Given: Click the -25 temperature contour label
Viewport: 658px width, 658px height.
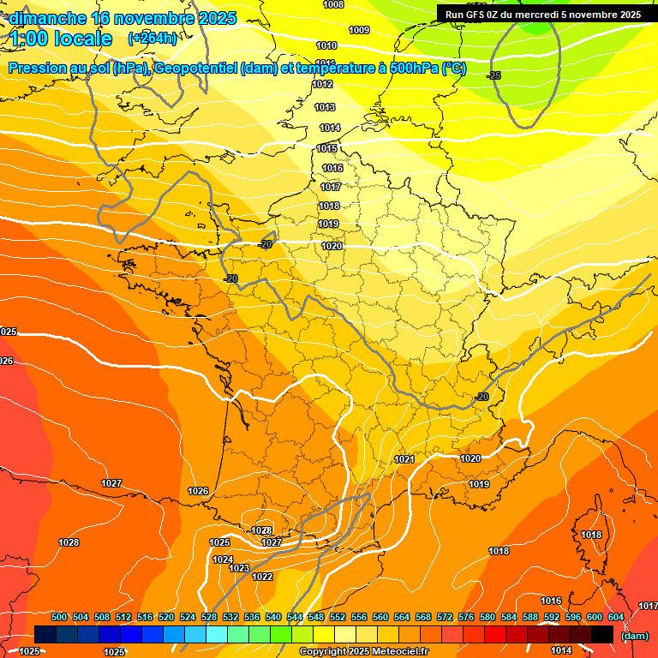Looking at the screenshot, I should (494, 76).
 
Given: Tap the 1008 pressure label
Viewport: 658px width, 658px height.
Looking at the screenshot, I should (333, 4).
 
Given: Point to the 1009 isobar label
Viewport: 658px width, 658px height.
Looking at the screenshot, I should (360, 30).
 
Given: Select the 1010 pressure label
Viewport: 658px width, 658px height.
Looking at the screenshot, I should (326, 45).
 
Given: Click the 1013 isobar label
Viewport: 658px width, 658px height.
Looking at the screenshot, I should (325, 107).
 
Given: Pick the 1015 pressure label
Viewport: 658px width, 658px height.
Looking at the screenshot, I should (327, 148).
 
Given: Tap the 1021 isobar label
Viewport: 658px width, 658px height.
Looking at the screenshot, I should (404, 460).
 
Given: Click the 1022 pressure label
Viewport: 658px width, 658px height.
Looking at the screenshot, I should (262, 577).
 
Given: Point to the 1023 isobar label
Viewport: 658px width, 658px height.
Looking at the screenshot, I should (239, 568).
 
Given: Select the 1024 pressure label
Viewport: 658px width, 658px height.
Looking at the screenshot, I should (223, 559).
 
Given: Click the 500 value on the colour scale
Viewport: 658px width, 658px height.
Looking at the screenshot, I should (59, 617).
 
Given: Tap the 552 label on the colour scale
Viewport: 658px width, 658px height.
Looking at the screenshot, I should (338, 617).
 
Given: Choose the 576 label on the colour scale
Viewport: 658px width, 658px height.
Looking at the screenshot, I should (466, 617).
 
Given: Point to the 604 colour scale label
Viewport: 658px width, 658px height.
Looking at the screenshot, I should (616, 617).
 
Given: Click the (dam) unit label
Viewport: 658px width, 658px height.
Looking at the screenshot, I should (634, 636).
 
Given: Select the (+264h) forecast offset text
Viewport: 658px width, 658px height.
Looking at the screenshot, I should (153, 38).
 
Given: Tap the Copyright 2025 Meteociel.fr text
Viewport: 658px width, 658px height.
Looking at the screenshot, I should (363, 651).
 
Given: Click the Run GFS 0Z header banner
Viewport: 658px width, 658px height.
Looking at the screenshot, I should (543, 15).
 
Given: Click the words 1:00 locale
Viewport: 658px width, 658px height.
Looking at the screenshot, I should (61, 39).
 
